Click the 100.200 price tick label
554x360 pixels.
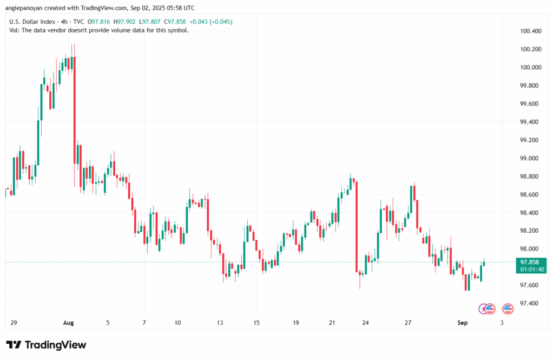pos(531,49)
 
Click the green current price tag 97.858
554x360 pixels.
pos(530,262)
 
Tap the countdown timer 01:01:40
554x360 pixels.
pos(532,270)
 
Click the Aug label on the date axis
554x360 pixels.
pos(69,323)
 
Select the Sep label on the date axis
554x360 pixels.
pos(463,323)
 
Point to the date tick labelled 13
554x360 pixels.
pos(220,323)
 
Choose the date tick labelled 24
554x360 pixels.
pos(365,323)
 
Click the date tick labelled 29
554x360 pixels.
pos(14,323)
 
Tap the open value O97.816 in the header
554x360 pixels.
pos(99,22)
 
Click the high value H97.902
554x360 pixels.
pos(124,22)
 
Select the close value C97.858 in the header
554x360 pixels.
pos(175,22)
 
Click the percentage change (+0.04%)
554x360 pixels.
pos(221,22)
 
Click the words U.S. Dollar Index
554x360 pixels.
pos(32,22)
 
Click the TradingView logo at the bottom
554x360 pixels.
pos(46,345)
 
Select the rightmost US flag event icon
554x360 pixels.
pos(507,309)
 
